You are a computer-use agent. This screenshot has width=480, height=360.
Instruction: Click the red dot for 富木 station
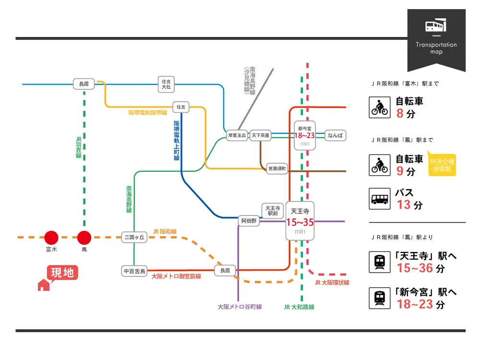(x=51, y=237)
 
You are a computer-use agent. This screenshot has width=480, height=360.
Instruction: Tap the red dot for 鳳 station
(x=84, y=237)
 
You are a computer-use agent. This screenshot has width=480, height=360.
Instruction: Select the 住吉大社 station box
(x=166, y=84)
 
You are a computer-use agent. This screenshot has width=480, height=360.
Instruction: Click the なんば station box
(x=335, y=136)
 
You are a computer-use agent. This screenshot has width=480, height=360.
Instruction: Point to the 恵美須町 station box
(x=277, y=168)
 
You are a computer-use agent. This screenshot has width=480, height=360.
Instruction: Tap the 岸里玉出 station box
(x=237, y=136)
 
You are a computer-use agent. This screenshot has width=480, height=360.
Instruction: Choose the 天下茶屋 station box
(x=261, y=136)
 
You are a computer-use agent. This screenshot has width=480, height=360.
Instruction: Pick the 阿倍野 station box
(x=249, y=221)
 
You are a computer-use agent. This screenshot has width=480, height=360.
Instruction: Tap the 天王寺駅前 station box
(x=273, y=210)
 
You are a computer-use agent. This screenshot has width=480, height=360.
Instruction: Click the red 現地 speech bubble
(x=62, y=273)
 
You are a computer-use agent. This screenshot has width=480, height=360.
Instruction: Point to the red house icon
(x=44, y=285)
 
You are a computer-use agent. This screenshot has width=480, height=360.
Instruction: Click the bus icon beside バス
(x=379, y=198)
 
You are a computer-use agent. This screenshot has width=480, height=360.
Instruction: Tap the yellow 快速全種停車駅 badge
(x=442, y=166)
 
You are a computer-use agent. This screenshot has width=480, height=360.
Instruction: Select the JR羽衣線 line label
(x=79, y=148)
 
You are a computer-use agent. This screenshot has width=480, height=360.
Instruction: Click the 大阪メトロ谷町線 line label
(x=240, y=307)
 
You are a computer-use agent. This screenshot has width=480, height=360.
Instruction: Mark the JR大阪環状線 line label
(x=332, y=283)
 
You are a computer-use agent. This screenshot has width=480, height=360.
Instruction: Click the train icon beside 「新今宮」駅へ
(x=379, y=298)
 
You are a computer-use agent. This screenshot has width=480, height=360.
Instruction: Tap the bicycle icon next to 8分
(x=379, y=108)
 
